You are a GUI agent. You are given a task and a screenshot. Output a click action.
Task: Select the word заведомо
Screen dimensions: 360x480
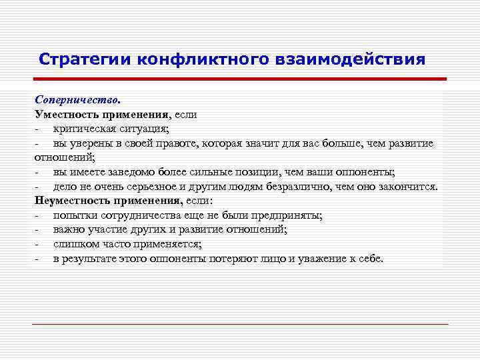[129, 172]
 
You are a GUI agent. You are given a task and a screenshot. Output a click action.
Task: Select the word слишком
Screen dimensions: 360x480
[74, 244]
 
